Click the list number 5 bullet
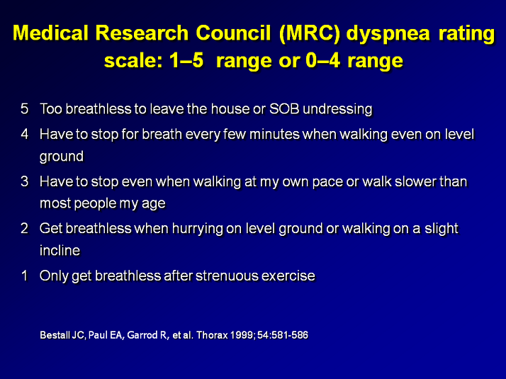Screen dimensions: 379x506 coord(25,109)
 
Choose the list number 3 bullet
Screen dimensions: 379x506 coord(25,181)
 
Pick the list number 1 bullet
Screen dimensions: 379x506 coord(25,276)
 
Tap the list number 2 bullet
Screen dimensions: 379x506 coord(25,228)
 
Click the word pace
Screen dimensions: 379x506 coord(330,181)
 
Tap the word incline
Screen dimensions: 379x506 coord(60,250)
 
